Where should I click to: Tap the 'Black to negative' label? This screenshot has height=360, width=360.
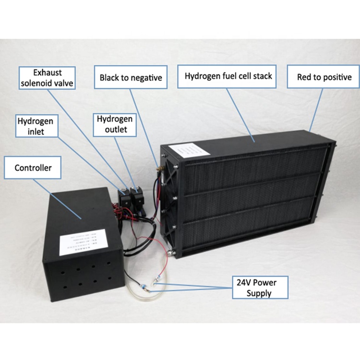[131, 77]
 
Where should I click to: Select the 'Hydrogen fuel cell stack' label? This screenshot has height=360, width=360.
[228, 76]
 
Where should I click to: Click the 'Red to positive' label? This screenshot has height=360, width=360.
[324, 77]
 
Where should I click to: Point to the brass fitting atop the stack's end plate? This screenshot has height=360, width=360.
[158, 169]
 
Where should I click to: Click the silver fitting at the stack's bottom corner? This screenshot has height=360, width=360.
[168, 250]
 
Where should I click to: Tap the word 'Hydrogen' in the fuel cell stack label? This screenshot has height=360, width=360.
[202, 76]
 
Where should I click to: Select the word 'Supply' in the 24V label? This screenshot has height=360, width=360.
[260, 293]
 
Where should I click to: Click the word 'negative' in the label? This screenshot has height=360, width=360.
[145, 77]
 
